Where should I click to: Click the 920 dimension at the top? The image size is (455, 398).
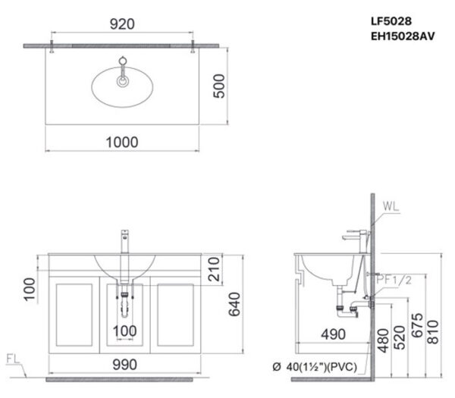point(121,24)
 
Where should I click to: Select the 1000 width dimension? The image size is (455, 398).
point(121,141)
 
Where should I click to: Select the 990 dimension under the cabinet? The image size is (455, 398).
point(125,365)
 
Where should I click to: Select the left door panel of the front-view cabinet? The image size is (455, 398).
point(74,315)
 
